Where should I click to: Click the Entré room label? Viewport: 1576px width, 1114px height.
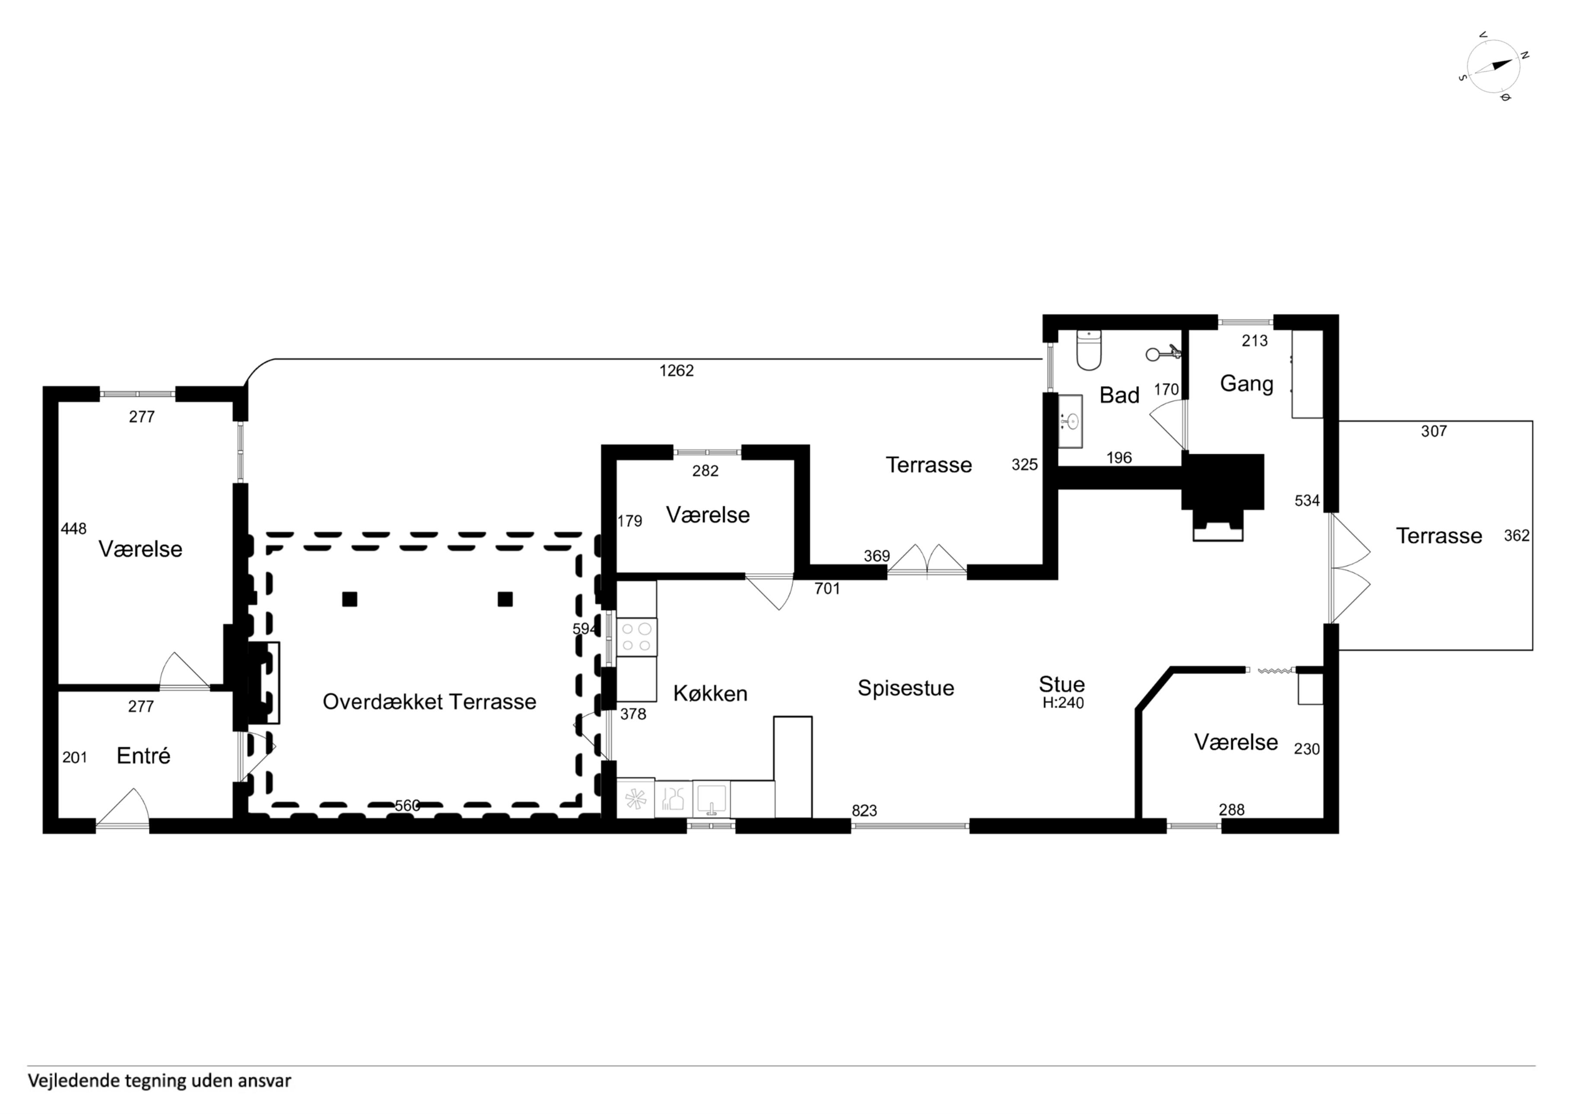tap(143, 756)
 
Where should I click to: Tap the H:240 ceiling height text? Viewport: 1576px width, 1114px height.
tap(1063, 703)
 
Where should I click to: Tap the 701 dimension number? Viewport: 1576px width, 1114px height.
tap(827, 588)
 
